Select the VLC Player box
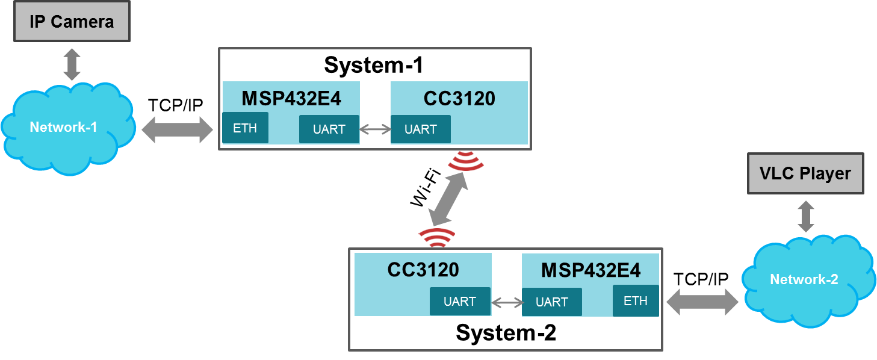click(x=805, y=174)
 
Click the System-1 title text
click(x=373, y=65)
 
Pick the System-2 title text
click(x=506, y=332)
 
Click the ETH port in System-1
click(x=245, y=128)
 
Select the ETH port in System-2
click(x=636, y=300)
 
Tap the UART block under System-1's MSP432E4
click(x=329, y=129)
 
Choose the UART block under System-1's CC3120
click(x=420, y=129)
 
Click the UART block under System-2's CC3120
click(x=460, y=301)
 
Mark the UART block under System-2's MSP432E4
click(x=551, y=302)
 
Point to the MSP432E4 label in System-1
click(x=291, y=98)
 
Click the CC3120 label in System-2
click(x=423, y=269)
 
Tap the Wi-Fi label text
click(x=426, y=189)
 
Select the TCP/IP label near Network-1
click(x=176, y=105)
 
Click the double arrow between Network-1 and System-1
click(x=178, y=129)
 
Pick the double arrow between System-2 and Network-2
click(x=702, y=301)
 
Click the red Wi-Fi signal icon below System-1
click(x=466, y=160)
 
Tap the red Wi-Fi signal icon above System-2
click(x=437, y=238)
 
